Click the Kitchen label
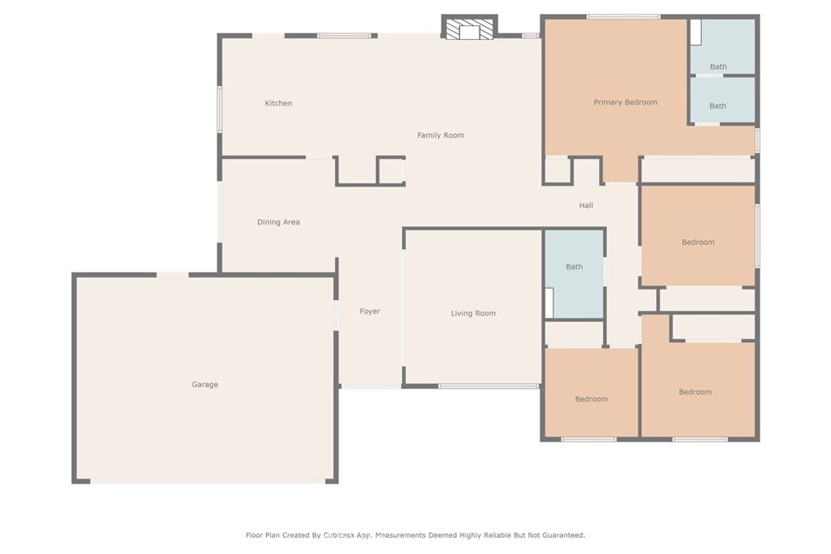[278, 103]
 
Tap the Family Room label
[441, 135]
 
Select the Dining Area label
[278, 222]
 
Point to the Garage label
[205, 384]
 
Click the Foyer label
[370, 311]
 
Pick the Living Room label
[473, 313]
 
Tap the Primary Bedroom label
[626, 102]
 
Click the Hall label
[586, 205]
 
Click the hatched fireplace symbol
[469, 30]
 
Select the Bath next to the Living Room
[574, 267]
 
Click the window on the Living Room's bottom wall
[489, 386]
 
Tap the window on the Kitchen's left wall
[219, 110]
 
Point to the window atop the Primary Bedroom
[623, 17]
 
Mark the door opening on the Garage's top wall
[172, 275]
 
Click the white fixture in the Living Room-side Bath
[549, 303]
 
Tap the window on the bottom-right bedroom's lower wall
[700, 439]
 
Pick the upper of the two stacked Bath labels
[718, 67]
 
